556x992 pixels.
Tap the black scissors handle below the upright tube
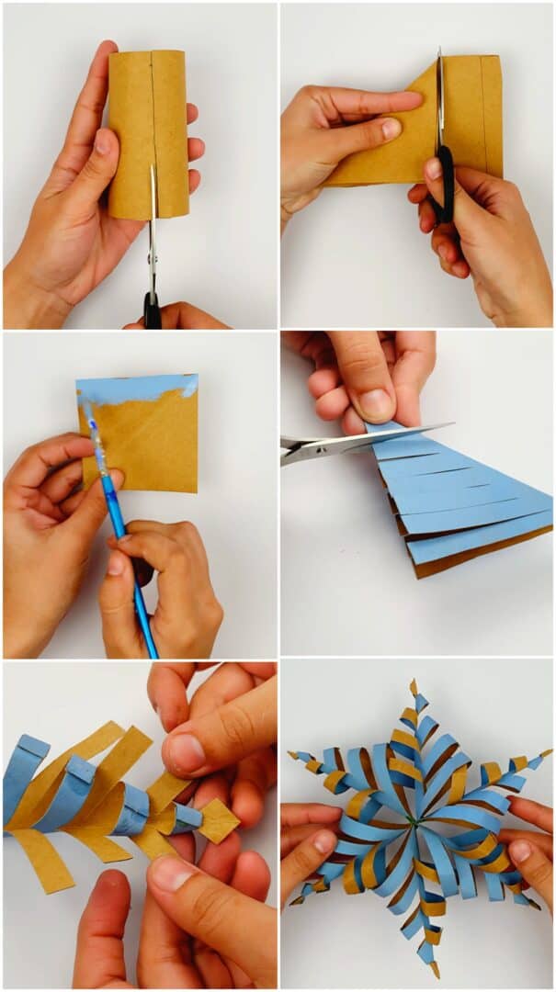[152, 310]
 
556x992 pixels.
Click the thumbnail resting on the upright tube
[102, 144]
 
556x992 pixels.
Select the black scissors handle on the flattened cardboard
[443, 188]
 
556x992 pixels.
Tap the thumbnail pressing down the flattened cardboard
[391, 129]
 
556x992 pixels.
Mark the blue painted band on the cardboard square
[138, 389]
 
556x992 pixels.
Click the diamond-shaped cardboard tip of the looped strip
[219, 820]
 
